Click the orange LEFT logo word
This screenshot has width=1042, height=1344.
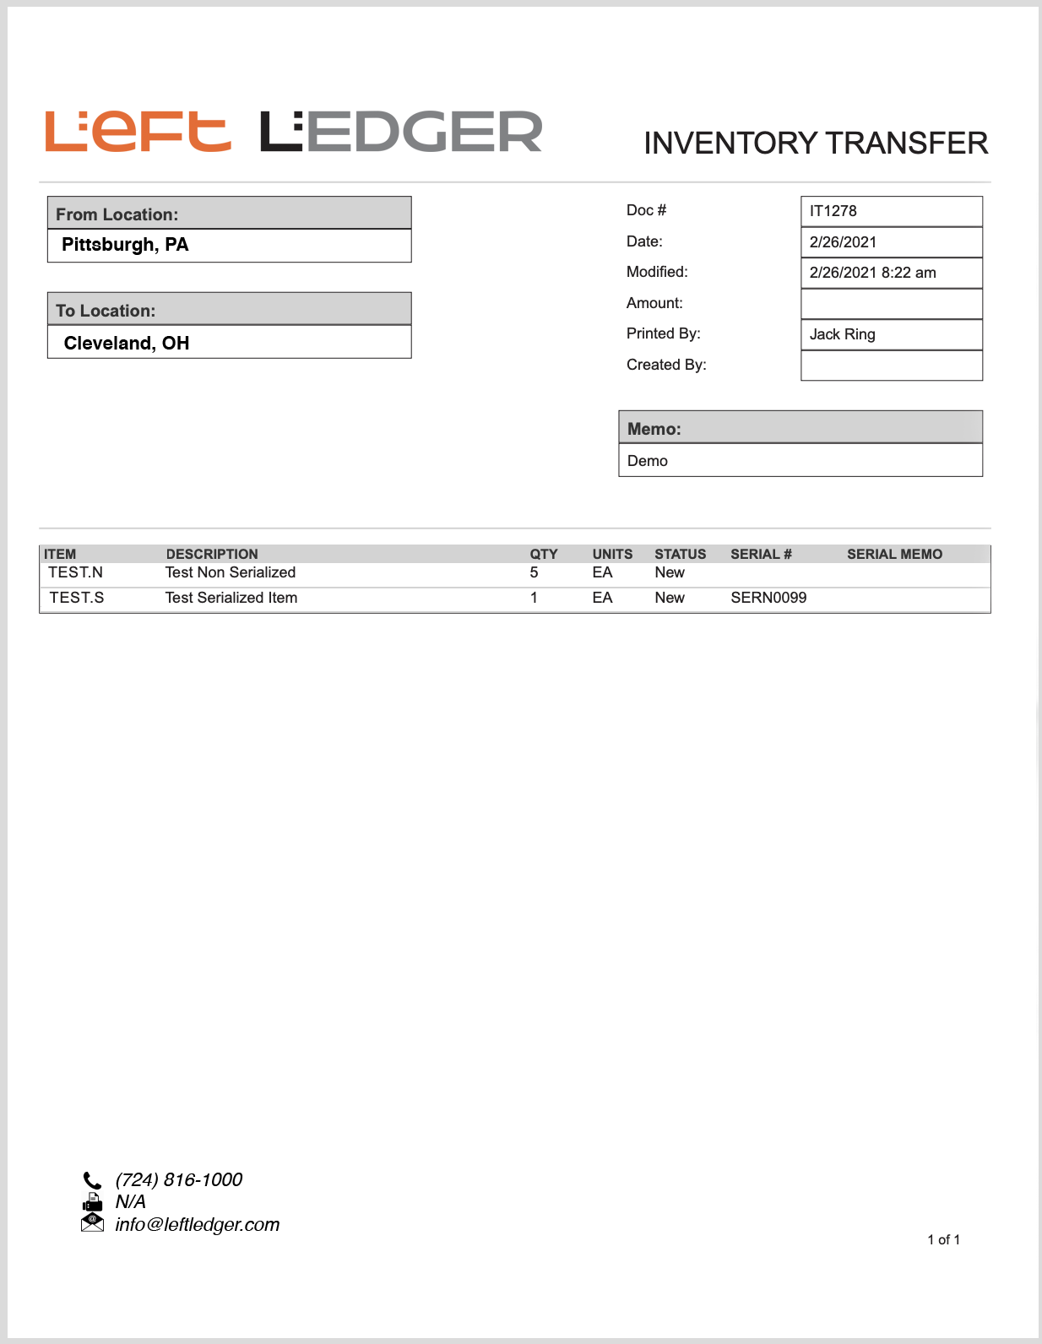[138, 132]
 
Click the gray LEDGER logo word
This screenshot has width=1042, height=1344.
[401, 132]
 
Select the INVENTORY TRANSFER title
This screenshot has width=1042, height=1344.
[815, 144]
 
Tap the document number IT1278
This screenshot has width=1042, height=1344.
[833, 211]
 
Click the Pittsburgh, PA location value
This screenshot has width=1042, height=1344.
[125, 245]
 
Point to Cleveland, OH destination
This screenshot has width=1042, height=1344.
[127, 343]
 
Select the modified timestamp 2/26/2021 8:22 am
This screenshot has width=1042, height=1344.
[872, 273]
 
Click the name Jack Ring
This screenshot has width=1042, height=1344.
[842, 334]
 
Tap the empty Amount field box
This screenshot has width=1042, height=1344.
[891, 304]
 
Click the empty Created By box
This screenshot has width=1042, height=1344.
[891, 366]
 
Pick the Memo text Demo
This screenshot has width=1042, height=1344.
[648, 461]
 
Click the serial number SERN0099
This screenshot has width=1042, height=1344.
[768, 598]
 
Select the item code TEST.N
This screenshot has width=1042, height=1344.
[75, 572]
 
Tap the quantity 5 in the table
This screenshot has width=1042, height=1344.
[534, 572]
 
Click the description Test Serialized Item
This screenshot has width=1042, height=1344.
[231, 598]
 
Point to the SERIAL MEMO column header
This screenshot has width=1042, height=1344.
[894, 554]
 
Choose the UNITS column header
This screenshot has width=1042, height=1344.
[612, 554]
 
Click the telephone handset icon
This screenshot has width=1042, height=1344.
[92, 1180]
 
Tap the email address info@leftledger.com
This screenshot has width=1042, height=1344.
[198, 1225]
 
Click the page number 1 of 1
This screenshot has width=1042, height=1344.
[943, 1239]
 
